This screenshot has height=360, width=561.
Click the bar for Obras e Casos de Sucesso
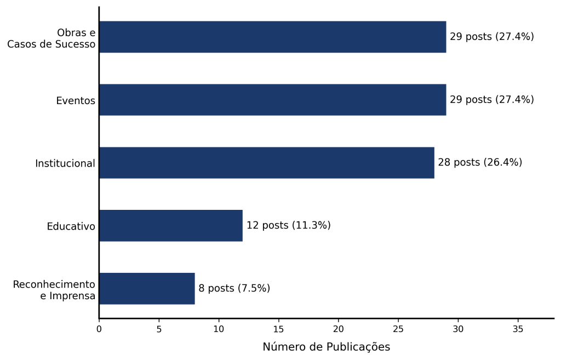point(273,37)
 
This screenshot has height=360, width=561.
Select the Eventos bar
point(273,100)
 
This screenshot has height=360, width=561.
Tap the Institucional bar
point(267,163)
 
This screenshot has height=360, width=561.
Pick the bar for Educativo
point(171,226)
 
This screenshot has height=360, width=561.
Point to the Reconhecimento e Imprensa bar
point(147,289)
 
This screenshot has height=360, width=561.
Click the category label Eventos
point(76,101)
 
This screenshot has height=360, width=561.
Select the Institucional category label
point(65,163)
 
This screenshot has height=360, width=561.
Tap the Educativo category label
point(71,226)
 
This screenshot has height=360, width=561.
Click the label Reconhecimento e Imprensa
point(54,290)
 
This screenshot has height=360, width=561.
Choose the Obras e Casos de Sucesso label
point(51,38)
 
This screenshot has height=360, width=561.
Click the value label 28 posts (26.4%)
point(480,162)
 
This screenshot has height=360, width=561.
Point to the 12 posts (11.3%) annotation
point(288,225)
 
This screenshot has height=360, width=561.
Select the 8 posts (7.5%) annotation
point(234,288)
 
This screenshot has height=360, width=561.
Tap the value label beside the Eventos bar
point(491,100)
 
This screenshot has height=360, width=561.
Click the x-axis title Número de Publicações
point(327,347)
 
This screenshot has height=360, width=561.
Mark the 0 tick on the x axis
point(99,329)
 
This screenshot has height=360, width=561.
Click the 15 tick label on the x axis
point(279,329)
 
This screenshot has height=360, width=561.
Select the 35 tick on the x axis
point(518,329)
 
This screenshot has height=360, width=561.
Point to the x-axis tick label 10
point(219,329)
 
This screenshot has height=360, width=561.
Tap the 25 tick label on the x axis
point(398,329)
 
